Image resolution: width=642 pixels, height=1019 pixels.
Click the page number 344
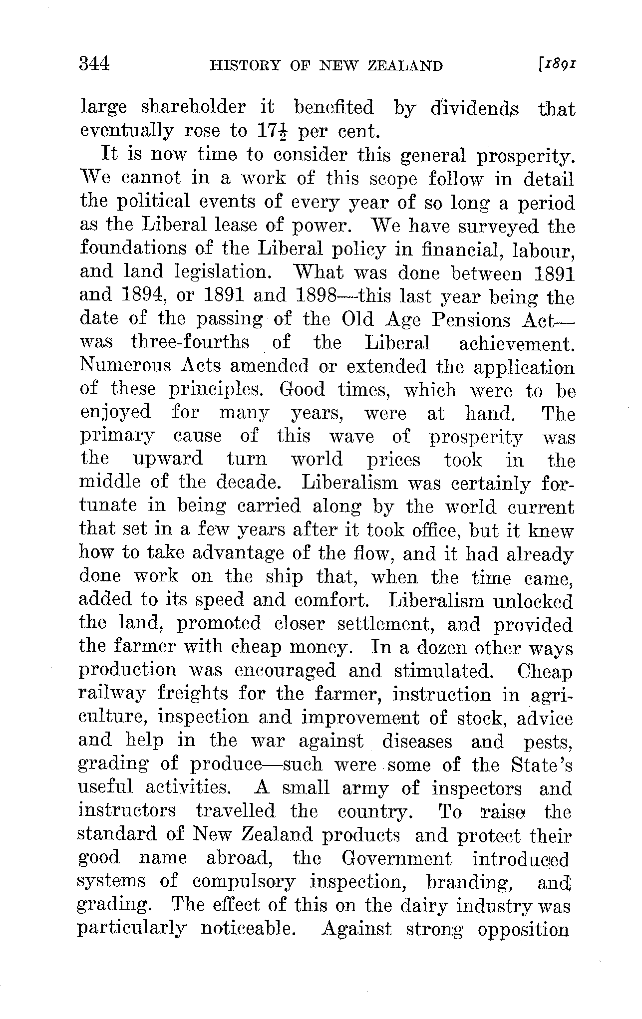pos(94,64)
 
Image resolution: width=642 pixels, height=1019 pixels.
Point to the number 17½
pos(273,131)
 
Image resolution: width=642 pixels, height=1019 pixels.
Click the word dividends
pos(474,108)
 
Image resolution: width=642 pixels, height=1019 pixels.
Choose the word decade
pos(254,483)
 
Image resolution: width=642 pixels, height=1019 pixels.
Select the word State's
pos(542,764)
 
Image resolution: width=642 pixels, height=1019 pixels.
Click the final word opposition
pos(523,929)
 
